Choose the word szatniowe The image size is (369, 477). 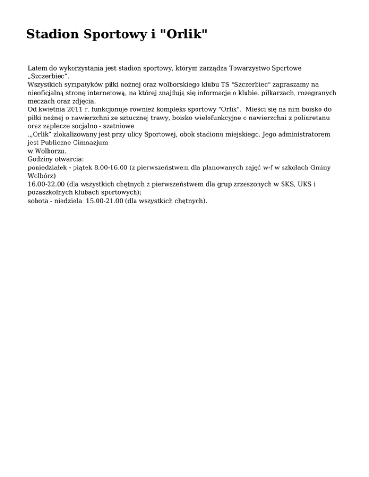pyautogui.click(x=118, y=125)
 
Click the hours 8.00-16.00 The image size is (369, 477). pyautogui.click(x=105, y=167)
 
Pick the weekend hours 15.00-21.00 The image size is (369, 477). pyautogui.click(x=104, y=200)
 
